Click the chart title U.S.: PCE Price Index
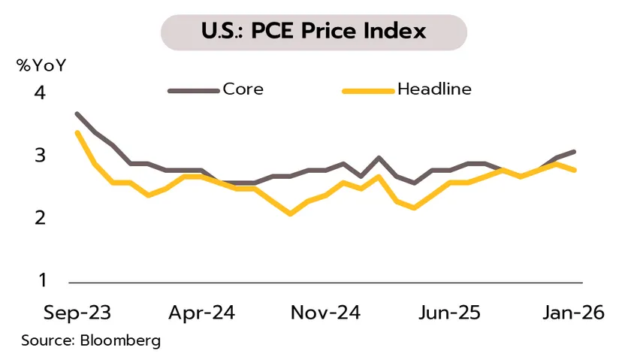click(x=314, y=32)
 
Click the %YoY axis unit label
click(x=42, y=65)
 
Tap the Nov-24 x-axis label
click(x=326, y=313)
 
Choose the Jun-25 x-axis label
click(x=449, y=313)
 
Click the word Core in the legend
click(x=243, y=89)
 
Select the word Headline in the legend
click(x=434, y=89)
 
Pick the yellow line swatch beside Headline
click(x=368, y=91)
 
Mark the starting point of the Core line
click(x=77, y=113)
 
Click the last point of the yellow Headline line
click(x=575, y=170)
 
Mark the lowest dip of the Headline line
click(x=290, y=214)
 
